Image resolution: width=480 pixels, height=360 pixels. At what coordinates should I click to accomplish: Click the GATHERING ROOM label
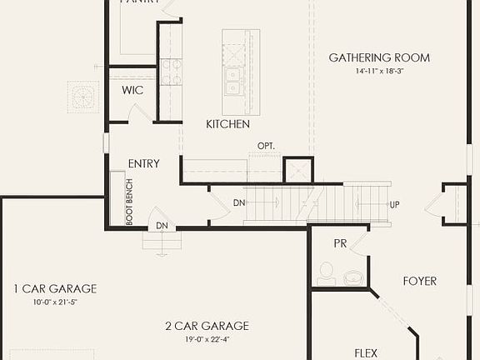379,57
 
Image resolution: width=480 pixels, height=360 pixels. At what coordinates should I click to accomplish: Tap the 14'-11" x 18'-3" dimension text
379,72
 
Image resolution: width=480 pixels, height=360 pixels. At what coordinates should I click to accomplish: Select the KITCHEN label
228,124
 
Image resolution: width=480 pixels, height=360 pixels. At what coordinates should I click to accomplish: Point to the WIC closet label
132,90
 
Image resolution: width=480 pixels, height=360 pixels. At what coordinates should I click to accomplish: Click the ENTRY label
143,164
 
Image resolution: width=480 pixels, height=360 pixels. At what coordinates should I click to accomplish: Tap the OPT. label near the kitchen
266,147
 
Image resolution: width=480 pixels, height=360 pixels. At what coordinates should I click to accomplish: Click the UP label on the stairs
395,204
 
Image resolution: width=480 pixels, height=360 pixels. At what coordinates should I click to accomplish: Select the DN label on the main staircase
239,203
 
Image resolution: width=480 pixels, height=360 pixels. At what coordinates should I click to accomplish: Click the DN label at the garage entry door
162,225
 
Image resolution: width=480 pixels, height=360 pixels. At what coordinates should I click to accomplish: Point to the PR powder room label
340,244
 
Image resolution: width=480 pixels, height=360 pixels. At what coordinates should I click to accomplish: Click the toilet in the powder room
327,272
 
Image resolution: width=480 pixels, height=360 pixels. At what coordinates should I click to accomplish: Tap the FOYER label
420,281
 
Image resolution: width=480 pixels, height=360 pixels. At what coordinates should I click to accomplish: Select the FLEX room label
366,353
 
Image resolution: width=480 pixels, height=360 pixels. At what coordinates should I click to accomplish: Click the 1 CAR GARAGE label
55,289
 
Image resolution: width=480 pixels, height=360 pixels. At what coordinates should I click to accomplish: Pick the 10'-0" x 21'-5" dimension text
55,302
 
